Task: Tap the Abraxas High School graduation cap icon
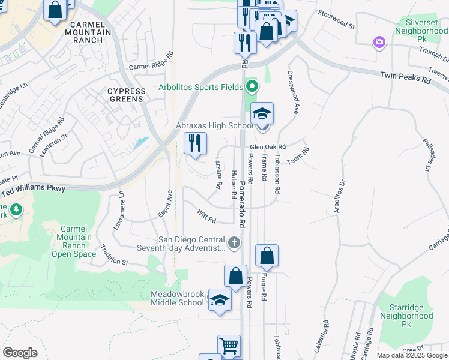262,113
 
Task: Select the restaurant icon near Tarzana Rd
195,143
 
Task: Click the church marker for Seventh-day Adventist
234,243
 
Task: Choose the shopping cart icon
229,346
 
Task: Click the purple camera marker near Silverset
379,42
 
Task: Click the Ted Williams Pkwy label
53,188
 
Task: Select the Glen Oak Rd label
267,146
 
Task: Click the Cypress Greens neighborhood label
126,95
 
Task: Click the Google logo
20,352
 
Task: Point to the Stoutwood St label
336,19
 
